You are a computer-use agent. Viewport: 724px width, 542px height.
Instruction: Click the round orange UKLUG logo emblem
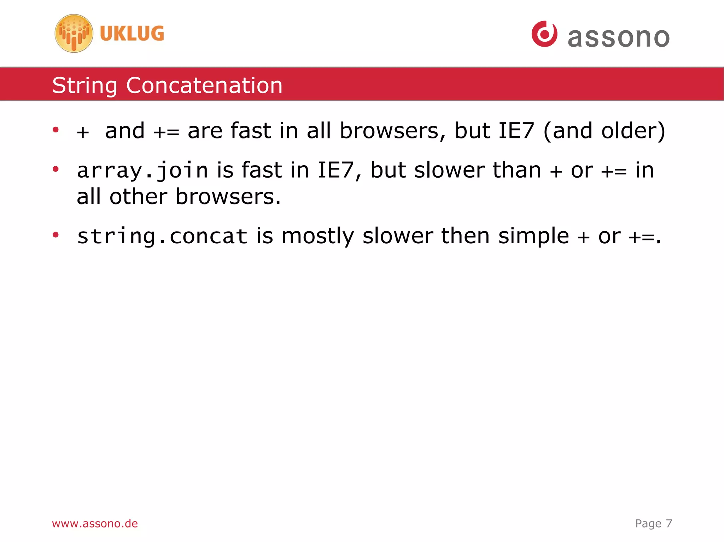[74, 34]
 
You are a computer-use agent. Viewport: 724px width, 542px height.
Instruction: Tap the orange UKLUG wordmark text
[132, 34]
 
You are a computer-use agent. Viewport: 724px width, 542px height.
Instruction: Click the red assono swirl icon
[544, 34]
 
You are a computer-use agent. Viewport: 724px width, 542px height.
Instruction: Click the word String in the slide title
[84, 85]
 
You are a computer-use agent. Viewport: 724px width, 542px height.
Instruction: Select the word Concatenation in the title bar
[204, 85]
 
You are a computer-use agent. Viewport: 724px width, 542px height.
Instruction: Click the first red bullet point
[56, 130]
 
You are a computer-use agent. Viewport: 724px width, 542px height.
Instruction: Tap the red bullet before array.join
[56, 169]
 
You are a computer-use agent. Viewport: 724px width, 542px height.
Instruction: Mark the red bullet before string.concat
[56, 235]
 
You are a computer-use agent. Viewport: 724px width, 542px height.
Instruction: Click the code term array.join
[142, 171]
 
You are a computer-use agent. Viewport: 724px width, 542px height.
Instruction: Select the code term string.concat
[162, 236]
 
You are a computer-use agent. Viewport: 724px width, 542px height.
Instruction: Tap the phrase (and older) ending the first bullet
[604, 131]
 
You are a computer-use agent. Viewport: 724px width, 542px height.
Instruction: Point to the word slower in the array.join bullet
[449, 171]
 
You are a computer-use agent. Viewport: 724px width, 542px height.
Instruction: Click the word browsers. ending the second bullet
[228, 197]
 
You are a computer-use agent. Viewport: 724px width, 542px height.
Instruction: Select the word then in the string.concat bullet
[465, 236]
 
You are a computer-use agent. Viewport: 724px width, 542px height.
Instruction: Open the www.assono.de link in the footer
[95, 523]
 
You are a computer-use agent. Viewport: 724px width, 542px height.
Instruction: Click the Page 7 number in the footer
[653, 523]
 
